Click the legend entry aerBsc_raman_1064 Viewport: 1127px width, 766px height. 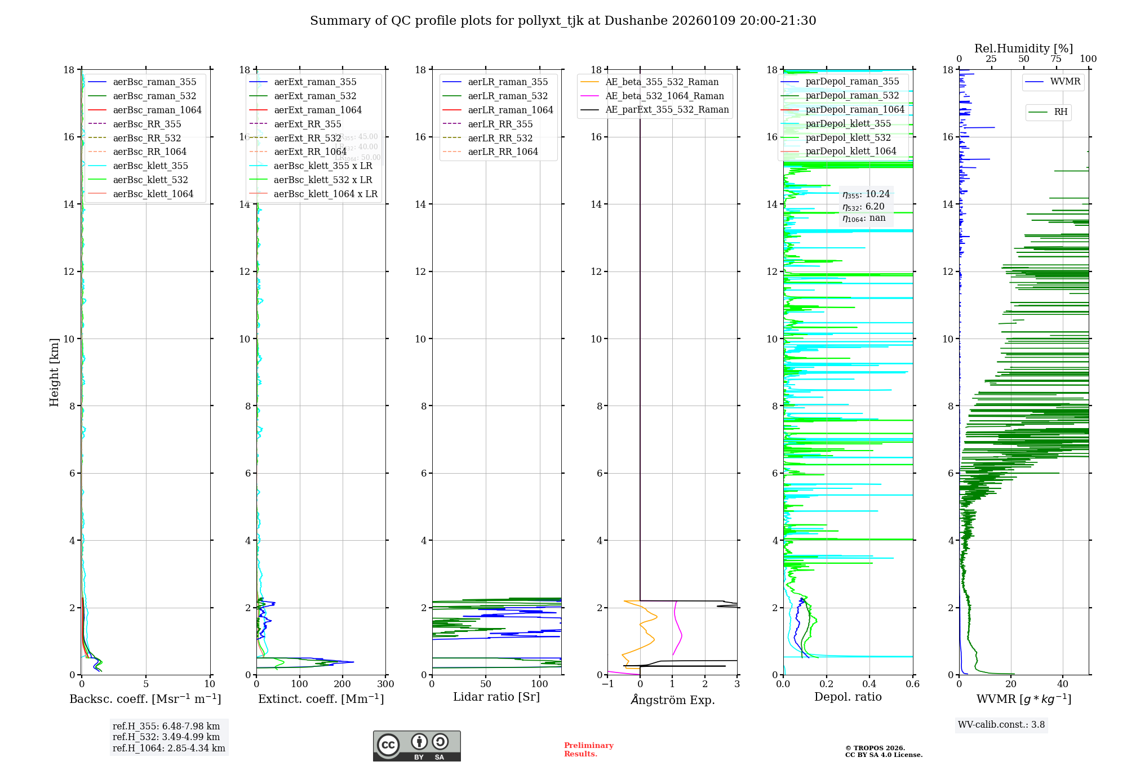tap(157, 110)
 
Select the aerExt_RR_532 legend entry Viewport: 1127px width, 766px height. tap(307, 138)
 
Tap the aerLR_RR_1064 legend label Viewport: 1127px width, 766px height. tap(503, 152)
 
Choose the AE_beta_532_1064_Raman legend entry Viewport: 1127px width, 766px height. tap(664, 96)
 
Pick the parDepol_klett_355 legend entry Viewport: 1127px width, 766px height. tap(848, 123)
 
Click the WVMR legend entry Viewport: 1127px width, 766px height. tap(1065, 82)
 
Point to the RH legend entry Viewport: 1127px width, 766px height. tap(1061, 112)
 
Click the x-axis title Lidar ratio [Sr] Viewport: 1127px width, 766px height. tap(496, 697)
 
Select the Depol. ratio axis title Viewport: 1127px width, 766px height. tap(848, 697)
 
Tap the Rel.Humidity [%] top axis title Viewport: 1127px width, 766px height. tap(1023, 48)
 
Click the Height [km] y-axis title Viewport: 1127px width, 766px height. tap(54, 372)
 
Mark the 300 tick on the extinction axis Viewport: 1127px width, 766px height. tap(386, 684)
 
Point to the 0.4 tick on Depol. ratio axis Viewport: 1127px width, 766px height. tap(869, 684)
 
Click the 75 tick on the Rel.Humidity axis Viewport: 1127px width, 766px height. tap(1056, 59)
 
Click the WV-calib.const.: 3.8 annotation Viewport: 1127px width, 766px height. tap(1001, 725)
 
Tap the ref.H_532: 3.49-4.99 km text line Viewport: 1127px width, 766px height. tap(166, 737)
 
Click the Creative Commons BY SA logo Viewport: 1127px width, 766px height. tap(416, 746)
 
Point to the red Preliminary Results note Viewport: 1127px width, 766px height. tap(588, 750)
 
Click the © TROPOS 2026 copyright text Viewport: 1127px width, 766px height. tap(875, 748)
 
